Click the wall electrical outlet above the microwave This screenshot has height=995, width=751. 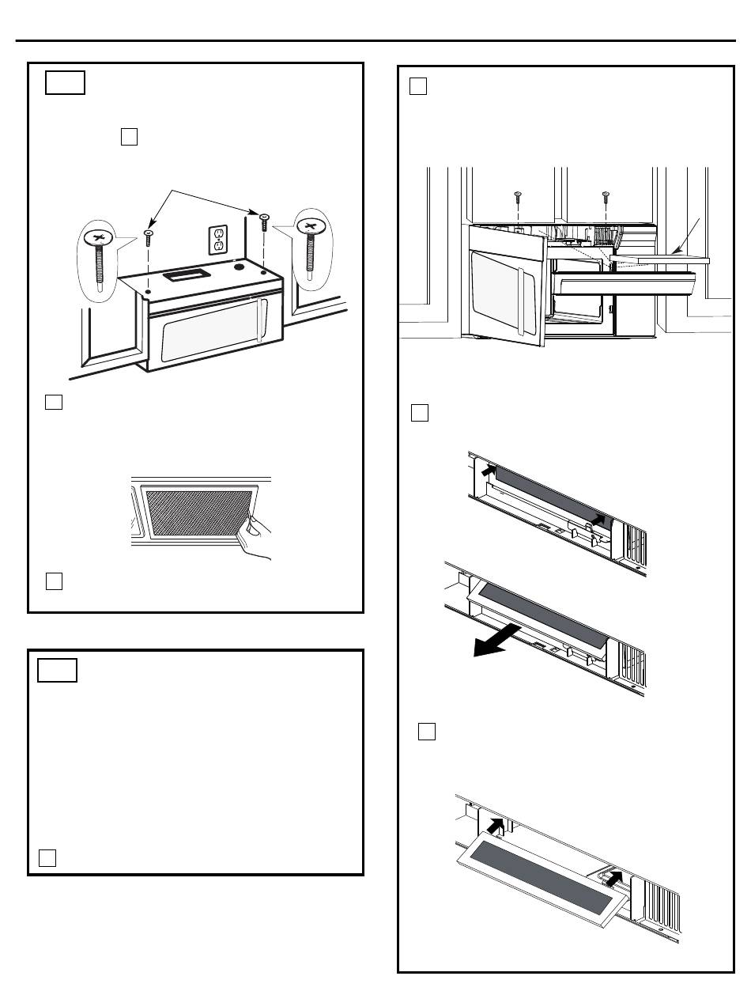coord(217,240)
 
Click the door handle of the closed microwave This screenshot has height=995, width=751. coord(261,320)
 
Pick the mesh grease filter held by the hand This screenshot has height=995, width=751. coord(199,513)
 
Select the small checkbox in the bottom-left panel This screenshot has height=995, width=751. coord(47,857)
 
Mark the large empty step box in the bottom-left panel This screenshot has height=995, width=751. coord(57,669)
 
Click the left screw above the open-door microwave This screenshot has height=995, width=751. coord(515,194)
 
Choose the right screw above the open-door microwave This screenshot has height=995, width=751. coord(605,194)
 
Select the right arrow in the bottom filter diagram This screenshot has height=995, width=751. coord(613,879)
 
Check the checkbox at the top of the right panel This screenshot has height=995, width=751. coord(418,87)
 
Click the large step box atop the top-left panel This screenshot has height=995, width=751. coord(65,83)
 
